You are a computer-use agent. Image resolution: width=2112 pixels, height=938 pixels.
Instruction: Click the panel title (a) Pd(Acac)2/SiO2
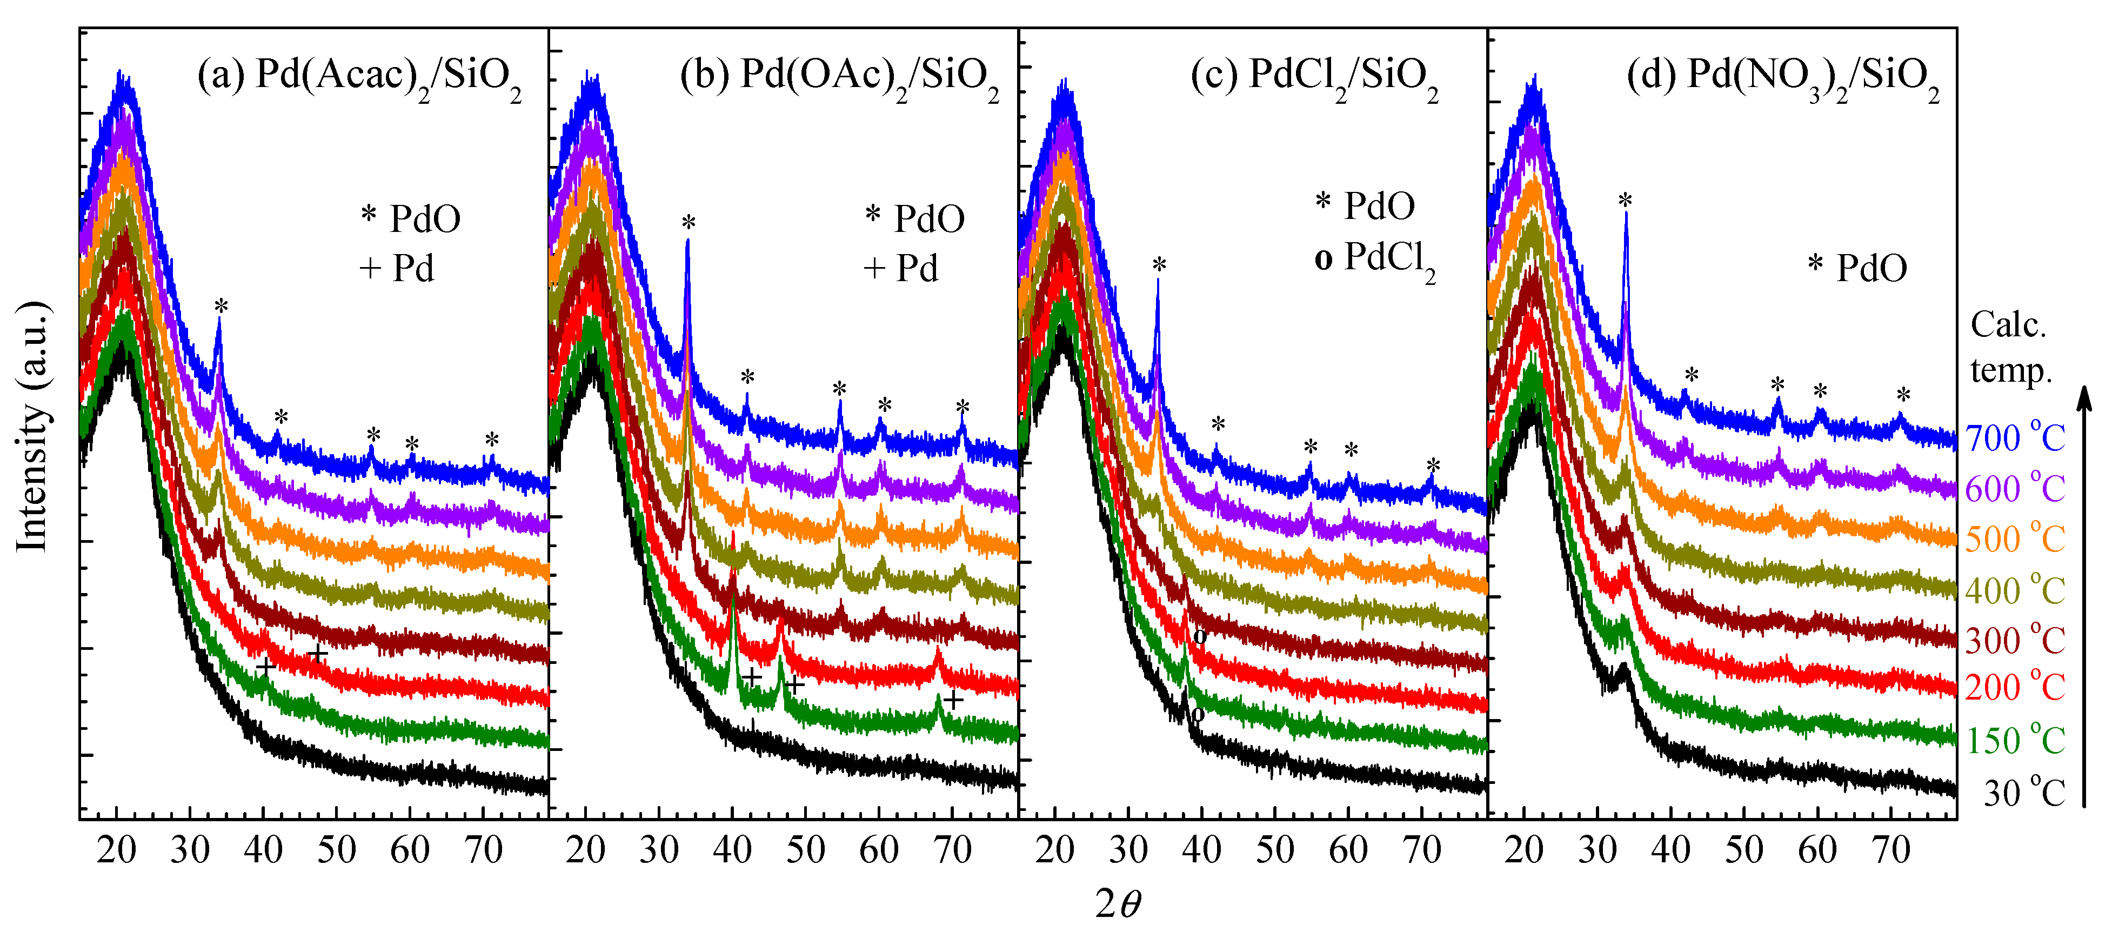coord(359,76)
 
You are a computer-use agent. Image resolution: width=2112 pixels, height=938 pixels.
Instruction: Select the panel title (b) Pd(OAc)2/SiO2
coord(839,76)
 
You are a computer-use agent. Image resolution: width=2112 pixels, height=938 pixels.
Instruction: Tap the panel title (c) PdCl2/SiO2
coord(1314,76)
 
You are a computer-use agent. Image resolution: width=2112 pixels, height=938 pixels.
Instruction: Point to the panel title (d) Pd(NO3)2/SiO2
coord(1783,76)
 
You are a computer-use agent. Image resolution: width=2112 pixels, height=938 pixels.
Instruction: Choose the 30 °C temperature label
coord(2023,794)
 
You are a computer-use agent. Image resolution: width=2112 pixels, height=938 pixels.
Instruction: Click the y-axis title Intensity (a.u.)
coord(33,427)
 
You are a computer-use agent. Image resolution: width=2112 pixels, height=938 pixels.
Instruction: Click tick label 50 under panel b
coord(805,850)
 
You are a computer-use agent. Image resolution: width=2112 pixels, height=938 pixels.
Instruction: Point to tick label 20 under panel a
coord(116,850)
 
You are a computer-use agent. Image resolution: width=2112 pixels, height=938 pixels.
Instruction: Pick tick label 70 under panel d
coord(1890,850)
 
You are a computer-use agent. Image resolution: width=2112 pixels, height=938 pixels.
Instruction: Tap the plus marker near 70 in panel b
coord(952,700)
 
